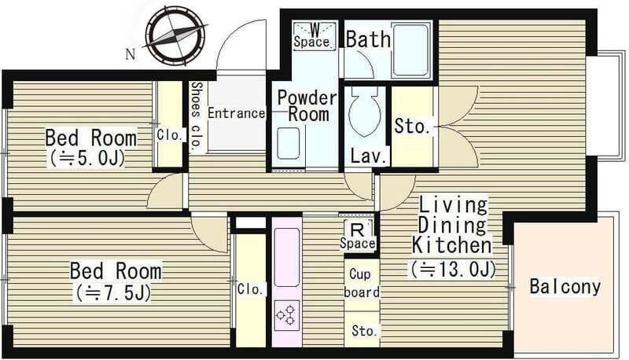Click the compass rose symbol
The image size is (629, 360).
(176, 35)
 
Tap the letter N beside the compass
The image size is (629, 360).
(130, 54)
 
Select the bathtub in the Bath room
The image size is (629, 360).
(410, 50)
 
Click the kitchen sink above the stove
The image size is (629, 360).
(286, 257)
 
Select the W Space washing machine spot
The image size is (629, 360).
(314, 36)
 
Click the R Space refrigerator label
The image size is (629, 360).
(358, 236)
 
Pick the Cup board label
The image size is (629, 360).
(361, 284)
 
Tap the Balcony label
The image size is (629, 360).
(565, 287)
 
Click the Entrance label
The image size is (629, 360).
(237, 113)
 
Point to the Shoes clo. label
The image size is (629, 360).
(196, 116)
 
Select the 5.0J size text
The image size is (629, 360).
(87, 158)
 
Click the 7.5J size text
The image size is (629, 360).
(112, 292)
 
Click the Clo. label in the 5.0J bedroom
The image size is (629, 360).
(171, 134)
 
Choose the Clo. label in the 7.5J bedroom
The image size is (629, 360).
(251, 288)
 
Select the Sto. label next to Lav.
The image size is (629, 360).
(412, 126)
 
